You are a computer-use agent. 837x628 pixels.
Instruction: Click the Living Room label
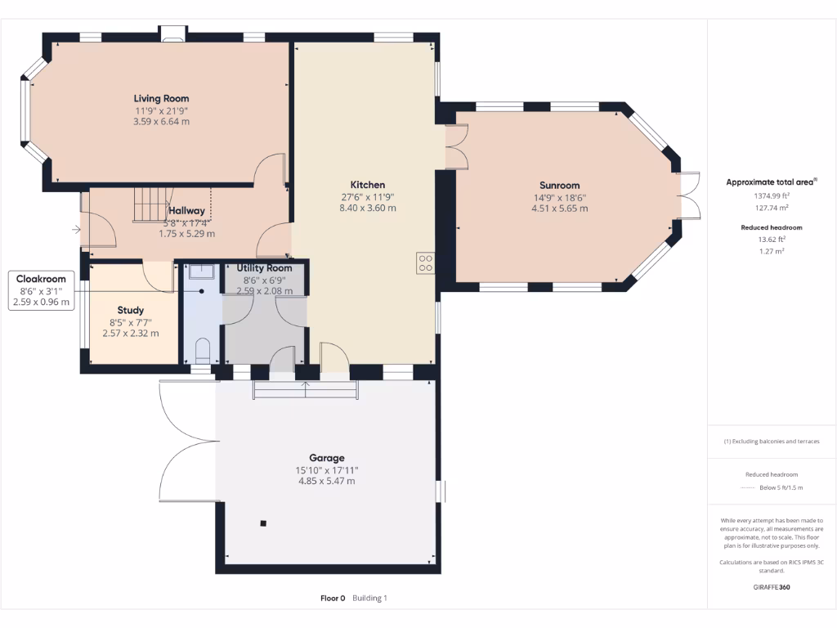[161, 98]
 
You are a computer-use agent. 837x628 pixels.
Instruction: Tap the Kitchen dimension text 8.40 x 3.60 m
[368, 208]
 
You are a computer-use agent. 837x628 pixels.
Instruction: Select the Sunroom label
[559, 185]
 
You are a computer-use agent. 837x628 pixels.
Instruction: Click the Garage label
[326, 458]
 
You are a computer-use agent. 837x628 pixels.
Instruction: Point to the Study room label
[130, 310]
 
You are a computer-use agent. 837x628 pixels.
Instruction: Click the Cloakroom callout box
[41, 290]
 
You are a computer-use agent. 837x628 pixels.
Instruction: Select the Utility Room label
[264, 268]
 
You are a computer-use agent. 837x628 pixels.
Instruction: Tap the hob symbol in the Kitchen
[425, 262]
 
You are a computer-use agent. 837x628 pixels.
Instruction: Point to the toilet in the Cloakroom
[203, 351]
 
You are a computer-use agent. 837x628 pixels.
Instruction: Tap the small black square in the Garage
[263, 523]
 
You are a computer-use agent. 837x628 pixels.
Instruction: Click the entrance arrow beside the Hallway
[76, 230]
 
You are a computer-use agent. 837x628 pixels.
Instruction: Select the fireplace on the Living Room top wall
[172, 34]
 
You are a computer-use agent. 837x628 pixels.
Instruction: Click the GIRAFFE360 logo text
[771, 586]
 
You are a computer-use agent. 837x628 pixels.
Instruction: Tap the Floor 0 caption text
[333, 598]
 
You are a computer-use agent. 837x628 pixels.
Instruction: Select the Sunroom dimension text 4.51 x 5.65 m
[559, 209]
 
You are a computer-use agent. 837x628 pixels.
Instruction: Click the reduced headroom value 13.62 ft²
[772, 240]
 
